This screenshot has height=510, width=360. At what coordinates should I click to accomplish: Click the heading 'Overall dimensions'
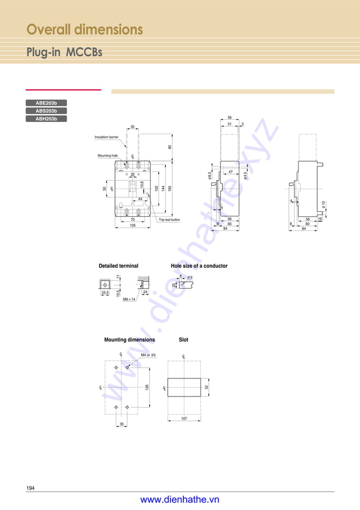point(85,29)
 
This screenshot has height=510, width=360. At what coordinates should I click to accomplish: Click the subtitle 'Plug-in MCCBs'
point(64,53)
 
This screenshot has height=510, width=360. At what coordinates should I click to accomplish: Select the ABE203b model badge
point(46,103)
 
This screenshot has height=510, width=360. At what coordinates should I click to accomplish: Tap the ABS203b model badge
point(46,111)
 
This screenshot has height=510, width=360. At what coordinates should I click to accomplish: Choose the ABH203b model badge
point(46,119)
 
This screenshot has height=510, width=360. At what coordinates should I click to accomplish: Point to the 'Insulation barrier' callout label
point(106,137)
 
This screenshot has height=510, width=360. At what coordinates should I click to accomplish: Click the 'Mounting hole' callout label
point(106,155)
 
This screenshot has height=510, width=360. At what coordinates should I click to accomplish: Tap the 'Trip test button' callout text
point(169,220)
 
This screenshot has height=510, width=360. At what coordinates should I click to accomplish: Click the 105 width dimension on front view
point(133,225)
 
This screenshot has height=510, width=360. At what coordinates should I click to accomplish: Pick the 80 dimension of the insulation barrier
point(170,147)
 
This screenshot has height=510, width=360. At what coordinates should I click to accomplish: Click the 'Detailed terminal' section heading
point(118,266)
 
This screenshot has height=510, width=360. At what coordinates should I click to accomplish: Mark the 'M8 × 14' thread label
point(129,299)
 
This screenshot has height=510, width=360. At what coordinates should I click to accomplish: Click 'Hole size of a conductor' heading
point(199,266)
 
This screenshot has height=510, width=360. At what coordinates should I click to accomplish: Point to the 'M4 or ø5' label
point(148,355)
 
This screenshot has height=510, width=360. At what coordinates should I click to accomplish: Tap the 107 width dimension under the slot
point(184,419)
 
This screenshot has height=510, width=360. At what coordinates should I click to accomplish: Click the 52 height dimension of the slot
point(207,387)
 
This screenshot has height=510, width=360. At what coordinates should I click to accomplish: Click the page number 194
point(30,488)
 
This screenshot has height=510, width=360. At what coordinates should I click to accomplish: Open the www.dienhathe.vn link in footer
point(179,500)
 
